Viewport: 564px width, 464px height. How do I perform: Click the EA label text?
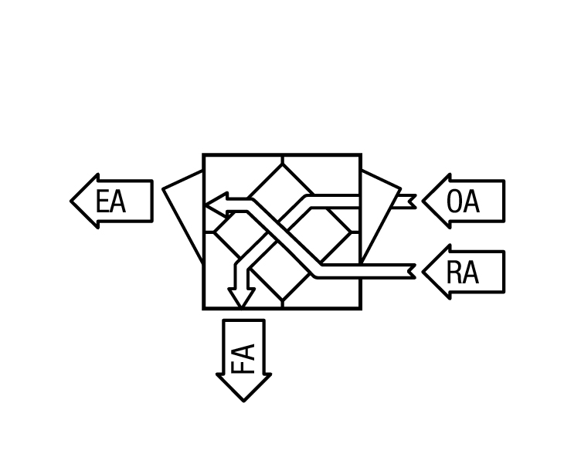(x=110, y=202)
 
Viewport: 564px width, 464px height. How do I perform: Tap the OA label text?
(x=463, y=202)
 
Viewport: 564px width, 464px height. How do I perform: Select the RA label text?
(x=463, y=273)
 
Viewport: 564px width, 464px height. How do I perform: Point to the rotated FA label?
(x=243, y=359)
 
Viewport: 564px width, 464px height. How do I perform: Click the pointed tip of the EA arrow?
(x=71, y=202)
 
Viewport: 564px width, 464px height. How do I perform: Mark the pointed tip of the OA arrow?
(x=423, y=202)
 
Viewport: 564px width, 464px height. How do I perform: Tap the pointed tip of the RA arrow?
(x=423, y=272)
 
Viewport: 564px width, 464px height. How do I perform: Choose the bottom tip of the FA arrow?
(x=243, y=401)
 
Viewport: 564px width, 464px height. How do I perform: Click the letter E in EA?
(x=102, y=202)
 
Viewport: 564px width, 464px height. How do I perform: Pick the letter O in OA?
(x=454, y=202)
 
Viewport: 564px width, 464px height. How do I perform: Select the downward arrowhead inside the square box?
(x=242, y=297)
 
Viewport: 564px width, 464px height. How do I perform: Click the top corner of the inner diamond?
(x=283, y=164)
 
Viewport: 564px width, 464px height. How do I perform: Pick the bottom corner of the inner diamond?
(x=283, y=300)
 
